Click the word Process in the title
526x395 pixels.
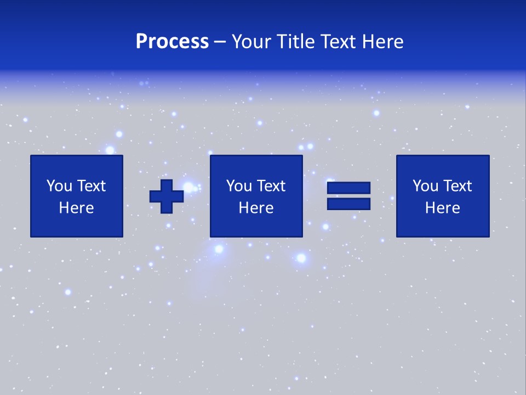point(172,42)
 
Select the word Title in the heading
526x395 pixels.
point(296,42)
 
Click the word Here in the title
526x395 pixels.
point(384,42)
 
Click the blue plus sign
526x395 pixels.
point(167,196)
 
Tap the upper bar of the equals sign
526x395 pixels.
point(348,188)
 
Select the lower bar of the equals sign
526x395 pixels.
point(348,204)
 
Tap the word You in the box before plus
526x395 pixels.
point(59,186)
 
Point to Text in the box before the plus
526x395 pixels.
point(91,186)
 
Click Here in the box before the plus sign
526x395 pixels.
point(77,208)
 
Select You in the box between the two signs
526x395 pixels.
point(239,186)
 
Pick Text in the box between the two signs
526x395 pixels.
point(271,186)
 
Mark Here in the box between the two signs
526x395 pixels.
point(256,208)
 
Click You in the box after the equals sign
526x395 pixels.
point(425,186)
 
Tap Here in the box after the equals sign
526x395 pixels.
point(443,208)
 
